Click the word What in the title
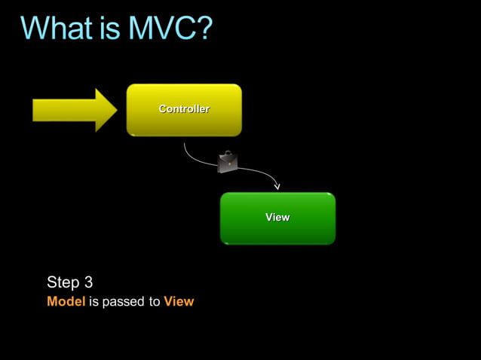[61, 29]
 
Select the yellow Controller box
[184, 124]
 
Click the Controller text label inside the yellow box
[184, 109]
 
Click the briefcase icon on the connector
[227, 162]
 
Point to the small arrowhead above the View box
[277, 185]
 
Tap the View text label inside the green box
[277, 217]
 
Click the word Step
[63, 282]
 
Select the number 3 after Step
[88, 282]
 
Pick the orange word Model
[66, 302]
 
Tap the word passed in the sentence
[123, 302]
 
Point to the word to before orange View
[154, 302]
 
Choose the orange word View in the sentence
[179, 302]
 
